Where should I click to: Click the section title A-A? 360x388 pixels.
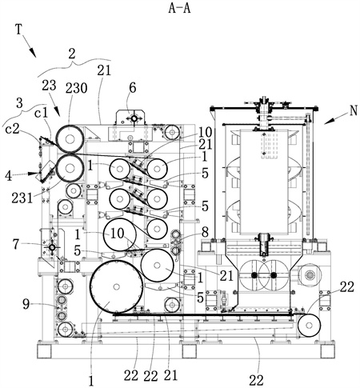coord(179,8)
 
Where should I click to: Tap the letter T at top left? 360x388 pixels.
coord(18,30)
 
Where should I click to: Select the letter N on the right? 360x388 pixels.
coord(354,110)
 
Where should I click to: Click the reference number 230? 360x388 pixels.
coord(76,88)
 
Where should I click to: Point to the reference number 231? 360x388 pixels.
coord(22,198)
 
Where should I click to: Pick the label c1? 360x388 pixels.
coord(42,114)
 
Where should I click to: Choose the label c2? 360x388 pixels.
coord(13,130)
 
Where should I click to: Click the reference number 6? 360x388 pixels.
coord(133,88)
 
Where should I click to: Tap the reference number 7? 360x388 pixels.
coord(16,244)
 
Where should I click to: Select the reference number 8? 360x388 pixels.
coord(205,233)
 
